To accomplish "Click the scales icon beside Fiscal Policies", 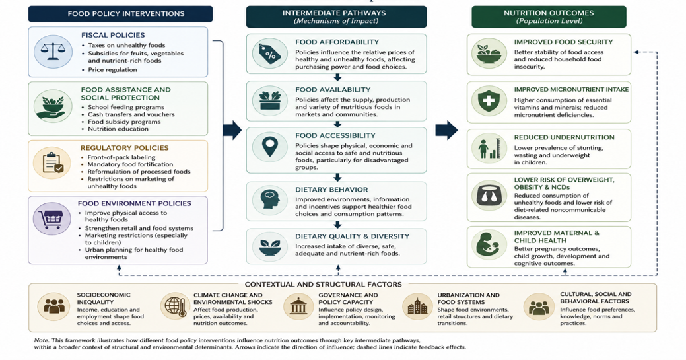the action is (x=53, y=52).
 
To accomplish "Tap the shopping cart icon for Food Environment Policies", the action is (x=51, y=219).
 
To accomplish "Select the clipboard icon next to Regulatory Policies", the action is (x=53, y=163).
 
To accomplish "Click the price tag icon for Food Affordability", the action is (x=270, y=54).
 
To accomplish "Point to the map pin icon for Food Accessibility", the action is (x=270, y=147).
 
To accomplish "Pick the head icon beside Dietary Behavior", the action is (x=270, y=200).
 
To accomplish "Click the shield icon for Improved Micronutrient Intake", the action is (x=489, y=101).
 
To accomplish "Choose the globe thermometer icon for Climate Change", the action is (x=175, y=305).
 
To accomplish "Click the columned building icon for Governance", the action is (x=298, y=306).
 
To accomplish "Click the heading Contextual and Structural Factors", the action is (x=324, y=284).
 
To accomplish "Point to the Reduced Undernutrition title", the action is (x=565, y=137).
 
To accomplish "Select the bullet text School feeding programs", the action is (x=126, y=107).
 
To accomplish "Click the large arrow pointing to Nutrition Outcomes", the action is (x=447, y=130).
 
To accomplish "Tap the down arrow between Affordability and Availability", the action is (x=337, y=77).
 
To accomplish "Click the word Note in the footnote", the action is (x=41, y=340).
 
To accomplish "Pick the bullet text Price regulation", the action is (x=112, y=69).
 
